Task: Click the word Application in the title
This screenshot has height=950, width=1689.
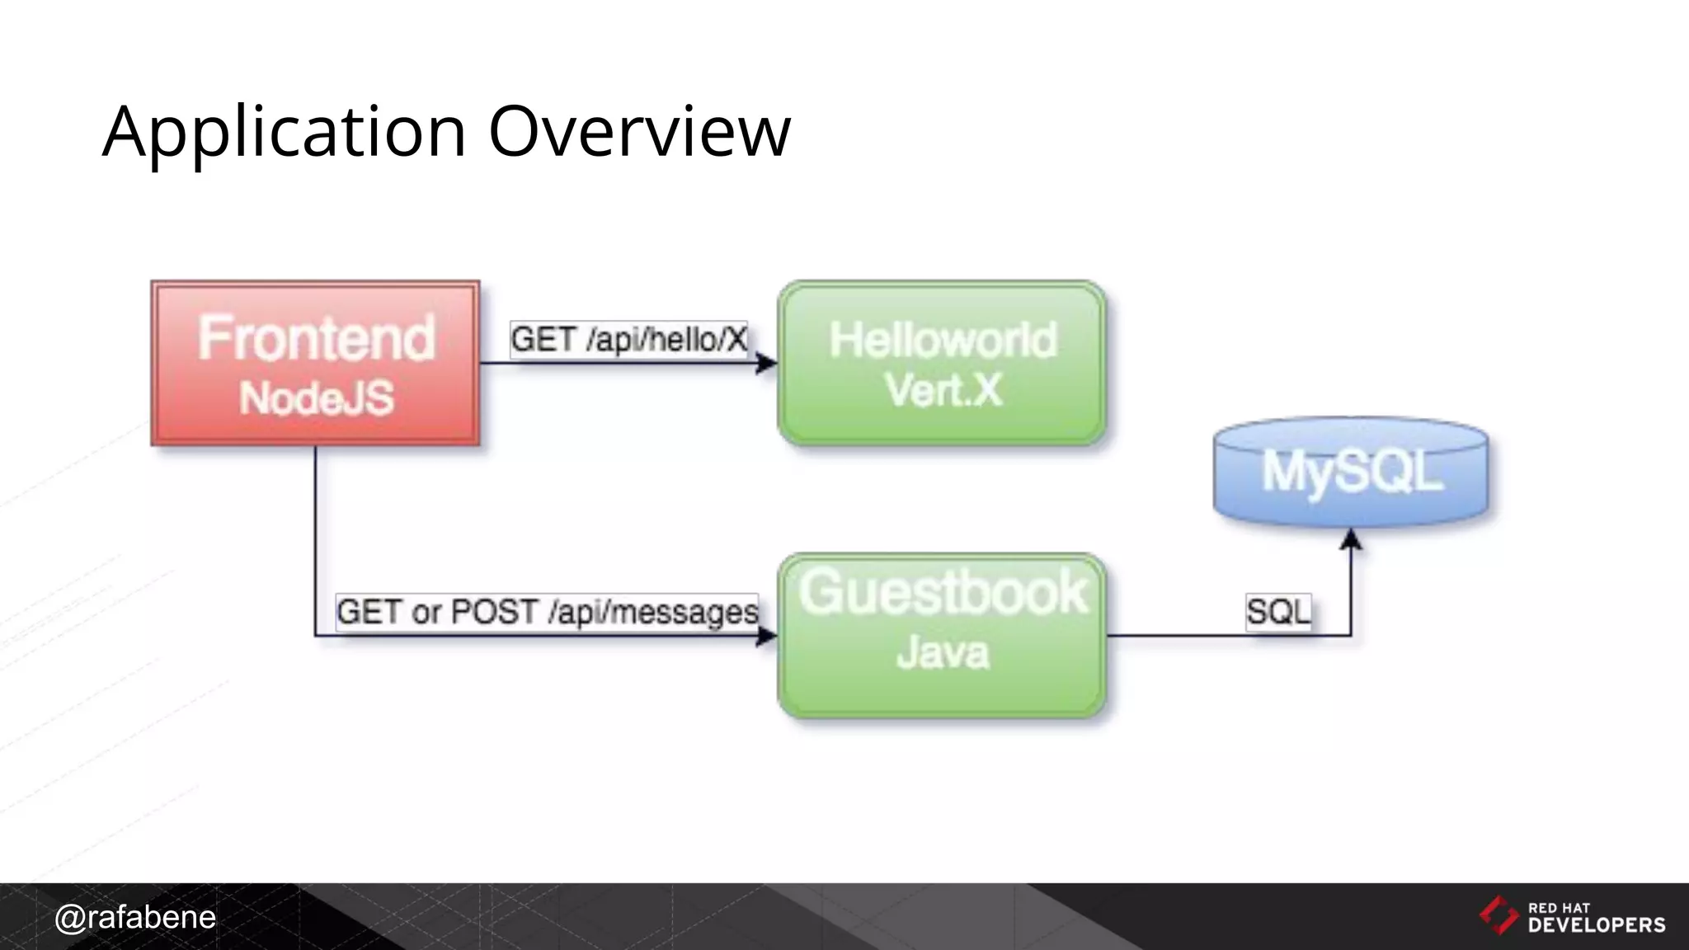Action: pyautogui.click(x=284, y=132)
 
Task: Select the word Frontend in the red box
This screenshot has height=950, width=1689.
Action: pyautogui.click(x=316, y=338)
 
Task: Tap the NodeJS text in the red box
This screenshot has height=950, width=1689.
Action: pyautogui.click(x=316, y=398)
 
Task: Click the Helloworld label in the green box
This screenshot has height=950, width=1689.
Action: pyautogui.click(x=942, y=340)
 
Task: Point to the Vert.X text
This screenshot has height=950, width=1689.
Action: pyautogui.click(x=943, y=390)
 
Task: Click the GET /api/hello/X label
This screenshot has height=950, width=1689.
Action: pyautogui.click(x=628, y=339)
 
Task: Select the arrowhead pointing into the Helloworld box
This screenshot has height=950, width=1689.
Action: pyautogui.click(x=767, y=363)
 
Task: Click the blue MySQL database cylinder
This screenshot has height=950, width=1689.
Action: pyautogui.click(x=1351, y=472)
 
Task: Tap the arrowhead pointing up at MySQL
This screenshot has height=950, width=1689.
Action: pyautogui.click(x=1351, y=540)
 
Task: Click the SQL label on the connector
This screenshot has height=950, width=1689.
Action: pyautogui.click(x=1277, y=612)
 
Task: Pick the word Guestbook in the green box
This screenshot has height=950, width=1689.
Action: pyautogui.click(x=942, y=592)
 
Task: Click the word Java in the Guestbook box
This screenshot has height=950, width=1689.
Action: pyautogui.click(x=942, y=652)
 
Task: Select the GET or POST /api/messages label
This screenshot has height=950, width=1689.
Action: pyautogui.click(x=547, y=612)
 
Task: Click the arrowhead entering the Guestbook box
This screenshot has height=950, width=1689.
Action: pyautogui.click(x=767, y=635)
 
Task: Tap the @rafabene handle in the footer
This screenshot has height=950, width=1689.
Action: pyautogui.click(x=134, y=917)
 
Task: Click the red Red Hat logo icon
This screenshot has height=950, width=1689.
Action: pyautogui.click(x=1498, y=915)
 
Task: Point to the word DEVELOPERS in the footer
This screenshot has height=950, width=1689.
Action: pyautogui.click(x=1597, y=925)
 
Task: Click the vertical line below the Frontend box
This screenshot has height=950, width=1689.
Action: pyautogui.click(x=315, y=536)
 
